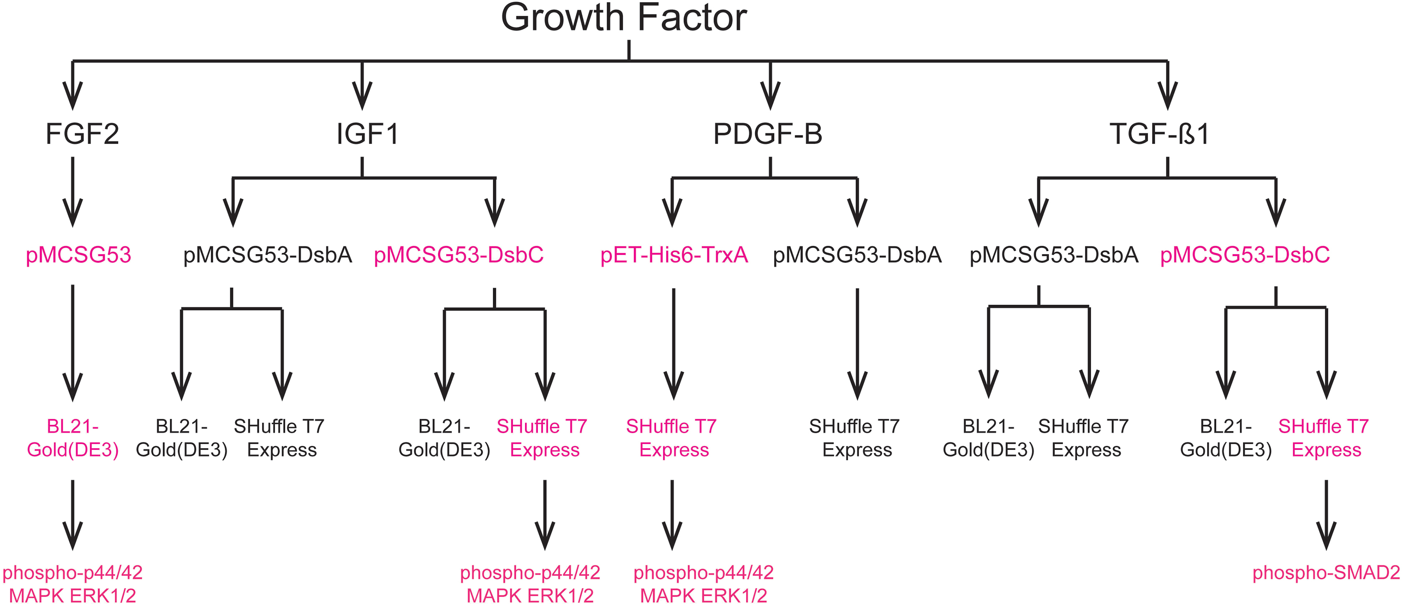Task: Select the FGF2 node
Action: point(82,134)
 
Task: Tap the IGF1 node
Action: point(368,134)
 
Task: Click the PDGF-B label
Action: point(767,134)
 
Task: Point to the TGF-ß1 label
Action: point(1159,134)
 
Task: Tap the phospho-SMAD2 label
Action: point(1326,572)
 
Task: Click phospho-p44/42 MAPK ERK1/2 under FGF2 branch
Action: point(73,584)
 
